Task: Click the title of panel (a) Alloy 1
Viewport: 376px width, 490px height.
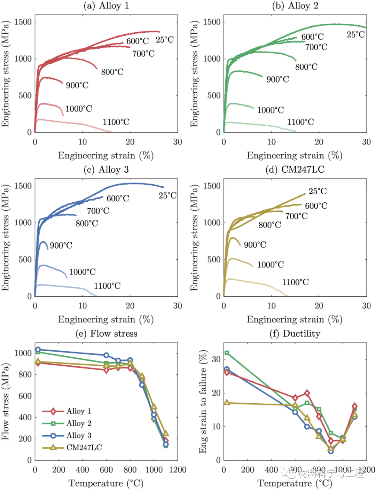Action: click(106, 6)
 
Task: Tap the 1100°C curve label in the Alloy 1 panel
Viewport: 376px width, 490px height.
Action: click(116, 122)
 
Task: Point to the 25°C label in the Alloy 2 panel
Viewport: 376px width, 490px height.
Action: click(355, 34)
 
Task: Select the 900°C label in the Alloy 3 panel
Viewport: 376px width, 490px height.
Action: click(61, 246)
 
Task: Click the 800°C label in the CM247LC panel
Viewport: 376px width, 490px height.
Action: click(269, 225)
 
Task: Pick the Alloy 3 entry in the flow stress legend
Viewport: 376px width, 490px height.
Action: click(79, 435)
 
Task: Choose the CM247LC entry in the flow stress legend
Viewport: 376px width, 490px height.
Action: click(84, 448)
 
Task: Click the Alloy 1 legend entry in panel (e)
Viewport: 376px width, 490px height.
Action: click(79, 411)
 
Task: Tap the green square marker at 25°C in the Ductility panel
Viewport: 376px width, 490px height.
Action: click(227, 353)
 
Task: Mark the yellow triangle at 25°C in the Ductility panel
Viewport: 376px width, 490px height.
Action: click(227, 403)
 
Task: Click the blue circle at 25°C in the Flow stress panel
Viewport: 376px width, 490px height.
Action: click(38, 350)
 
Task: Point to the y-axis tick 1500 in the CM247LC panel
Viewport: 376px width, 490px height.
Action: click(212, 186)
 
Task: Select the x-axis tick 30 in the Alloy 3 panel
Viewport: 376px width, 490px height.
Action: click(178, 306)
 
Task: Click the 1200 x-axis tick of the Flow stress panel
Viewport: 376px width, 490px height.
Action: click(178, 470)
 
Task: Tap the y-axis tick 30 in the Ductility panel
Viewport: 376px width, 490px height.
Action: click(216, 359)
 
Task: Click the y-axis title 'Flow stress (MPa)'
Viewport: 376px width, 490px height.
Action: click(6, 402)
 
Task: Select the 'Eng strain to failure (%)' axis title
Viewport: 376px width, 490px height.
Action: click(203, 402)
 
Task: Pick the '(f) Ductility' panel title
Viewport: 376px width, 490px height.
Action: click(295, 334)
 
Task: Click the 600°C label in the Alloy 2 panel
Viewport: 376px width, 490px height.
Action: click(312, 37)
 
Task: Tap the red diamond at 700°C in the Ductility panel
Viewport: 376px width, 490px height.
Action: click(307, 393)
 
